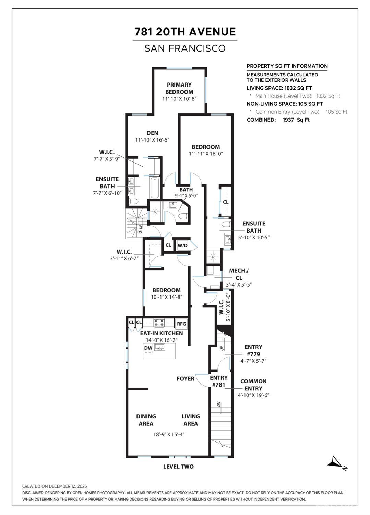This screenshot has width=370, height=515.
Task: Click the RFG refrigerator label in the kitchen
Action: (x=181, y=324)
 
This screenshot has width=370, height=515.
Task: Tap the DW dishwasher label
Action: (x=148, y=348)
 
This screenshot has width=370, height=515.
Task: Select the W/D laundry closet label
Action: (x=182, y=246)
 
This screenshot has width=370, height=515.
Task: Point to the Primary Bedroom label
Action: (x=179, y=88)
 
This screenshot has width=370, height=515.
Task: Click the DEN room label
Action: (x=152, y=133)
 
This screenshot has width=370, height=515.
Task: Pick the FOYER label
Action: (x=186, y=378)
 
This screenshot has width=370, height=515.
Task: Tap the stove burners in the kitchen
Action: (x=159, y=323)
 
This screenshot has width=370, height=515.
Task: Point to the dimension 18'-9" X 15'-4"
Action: (x=169, y=434)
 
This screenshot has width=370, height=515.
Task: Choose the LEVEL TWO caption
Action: (x=178, y=467)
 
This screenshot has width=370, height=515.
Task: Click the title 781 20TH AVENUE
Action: (x=185, y=32)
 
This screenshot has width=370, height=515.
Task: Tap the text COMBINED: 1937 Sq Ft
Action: (x=278, y=120)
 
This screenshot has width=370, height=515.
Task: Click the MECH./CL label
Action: (x=239, y=274)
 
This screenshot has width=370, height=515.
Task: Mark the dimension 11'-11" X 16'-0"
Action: (x=206, y=154)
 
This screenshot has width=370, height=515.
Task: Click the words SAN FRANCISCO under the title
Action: (x=185, y=48)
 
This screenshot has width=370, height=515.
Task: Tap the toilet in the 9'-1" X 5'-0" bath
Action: (x=183, y=216)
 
